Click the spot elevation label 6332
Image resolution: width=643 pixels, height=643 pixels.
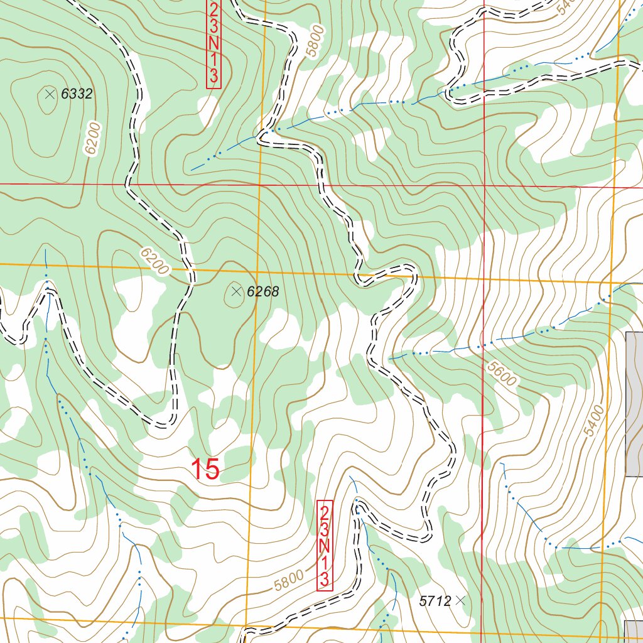77,95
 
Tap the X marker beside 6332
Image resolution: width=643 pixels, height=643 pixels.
50,94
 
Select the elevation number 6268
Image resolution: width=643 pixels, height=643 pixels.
262,291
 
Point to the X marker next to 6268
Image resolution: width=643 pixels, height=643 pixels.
236,291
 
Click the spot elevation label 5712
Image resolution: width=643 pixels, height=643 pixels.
435,601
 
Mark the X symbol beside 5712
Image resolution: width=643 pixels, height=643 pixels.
461,600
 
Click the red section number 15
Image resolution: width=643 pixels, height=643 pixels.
205,469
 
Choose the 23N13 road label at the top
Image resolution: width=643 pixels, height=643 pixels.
213,43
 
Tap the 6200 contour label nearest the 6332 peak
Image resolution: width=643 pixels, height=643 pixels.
92,139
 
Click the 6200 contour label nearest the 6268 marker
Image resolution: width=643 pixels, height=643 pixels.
154,261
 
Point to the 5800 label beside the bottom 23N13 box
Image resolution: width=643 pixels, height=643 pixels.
289,580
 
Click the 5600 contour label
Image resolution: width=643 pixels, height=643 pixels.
500,375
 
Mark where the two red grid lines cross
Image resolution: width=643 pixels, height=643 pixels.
484,186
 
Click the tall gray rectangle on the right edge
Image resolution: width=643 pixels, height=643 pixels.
634,404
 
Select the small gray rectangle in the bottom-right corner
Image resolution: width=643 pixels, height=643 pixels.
634,631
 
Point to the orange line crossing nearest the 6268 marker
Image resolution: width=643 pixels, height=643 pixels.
256,273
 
